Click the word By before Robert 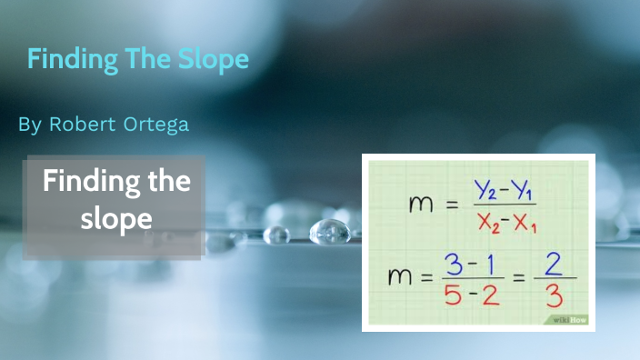[29, 125]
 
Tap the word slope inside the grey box [115, 219]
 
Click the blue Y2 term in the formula [485, 190]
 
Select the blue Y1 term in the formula [523, 190]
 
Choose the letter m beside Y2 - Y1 [420, 205]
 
